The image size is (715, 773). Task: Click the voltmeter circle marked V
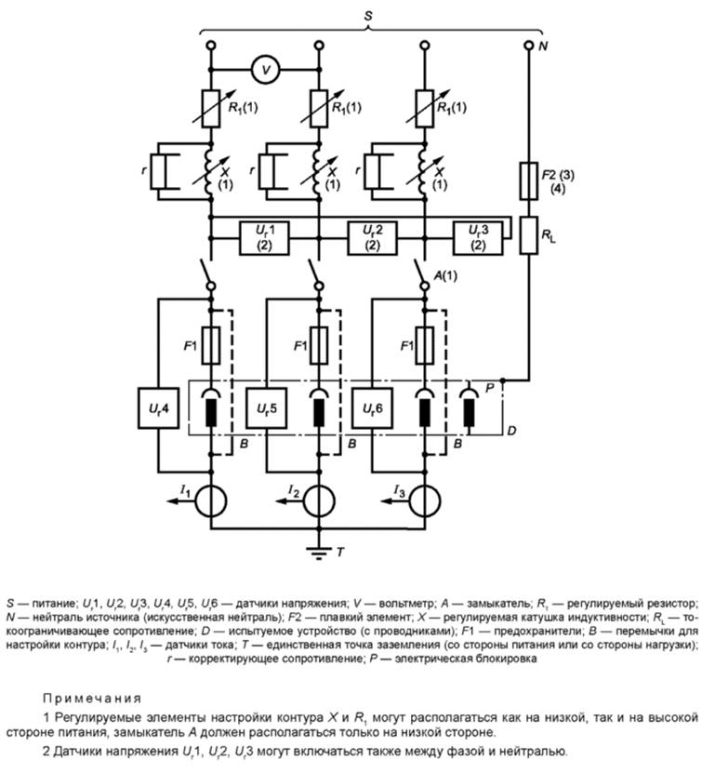click(x=266, y=68)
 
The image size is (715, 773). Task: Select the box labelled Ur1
click(x=266, y=235)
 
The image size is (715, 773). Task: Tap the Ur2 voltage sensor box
click(x=373, y=235)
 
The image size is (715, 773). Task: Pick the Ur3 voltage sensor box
click(x=478, y=235)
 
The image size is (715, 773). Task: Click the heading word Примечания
click(x=92, y=697)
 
